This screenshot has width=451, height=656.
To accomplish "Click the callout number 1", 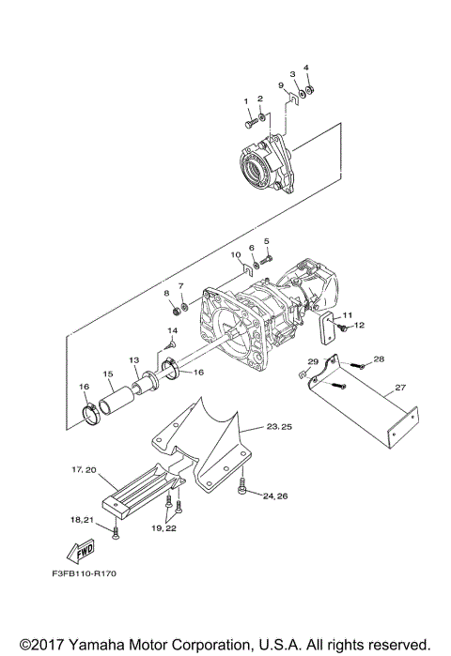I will click(248, 100).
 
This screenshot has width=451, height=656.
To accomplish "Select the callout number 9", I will click(280, 85).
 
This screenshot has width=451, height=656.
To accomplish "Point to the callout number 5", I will click(266, 241).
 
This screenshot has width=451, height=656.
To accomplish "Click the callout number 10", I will click(236, 255).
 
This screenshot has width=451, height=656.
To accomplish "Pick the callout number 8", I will click(167, 293).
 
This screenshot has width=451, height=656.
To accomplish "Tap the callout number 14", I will click(173, 331).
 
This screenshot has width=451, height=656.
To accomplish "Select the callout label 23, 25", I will click(280, 426).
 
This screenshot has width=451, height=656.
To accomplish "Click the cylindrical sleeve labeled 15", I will click(118, 392).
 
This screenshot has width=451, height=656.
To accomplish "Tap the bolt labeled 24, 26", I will click(242, 485).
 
